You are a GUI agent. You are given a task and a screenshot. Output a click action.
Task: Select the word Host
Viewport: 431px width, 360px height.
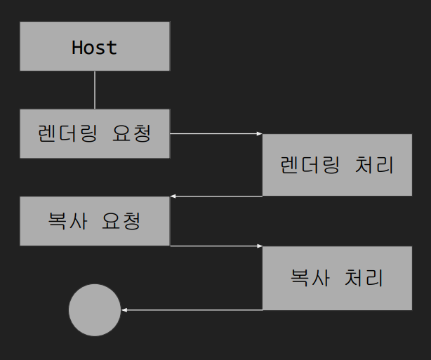click(x=94, y=48)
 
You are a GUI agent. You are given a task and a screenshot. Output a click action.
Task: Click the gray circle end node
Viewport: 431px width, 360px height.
click(x=95, y=309)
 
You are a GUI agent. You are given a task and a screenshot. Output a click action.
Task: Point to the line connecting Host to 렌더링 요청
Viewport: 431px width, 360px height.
click(x=95, y=90)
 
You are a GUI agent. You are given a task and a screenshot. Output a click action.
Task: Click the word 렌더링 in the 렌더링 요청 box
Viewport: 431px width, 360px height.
click(x=66, y=133)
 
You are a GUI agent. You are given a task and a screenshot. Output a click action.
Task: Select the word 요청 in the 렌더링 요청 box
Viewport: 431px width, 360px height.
click(x=132, y=133)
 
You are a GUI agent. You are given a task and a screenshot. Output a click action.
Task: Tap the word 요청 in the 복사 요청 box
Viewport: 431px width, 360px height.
click(x=121, y=221)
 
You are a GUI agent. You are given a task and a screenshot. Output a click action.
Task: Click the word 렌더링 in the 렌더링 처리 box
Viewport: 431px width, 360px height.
click(x=310, y=165)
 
